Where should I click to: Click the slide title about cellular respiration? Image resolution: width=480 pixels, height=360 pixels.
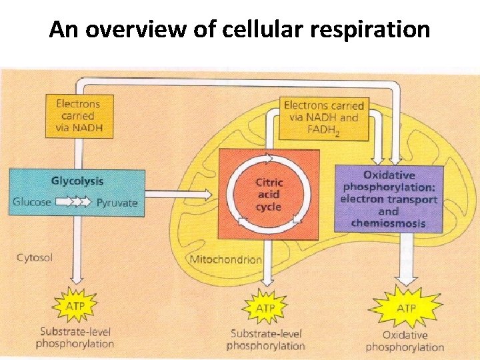[x=239, y=29]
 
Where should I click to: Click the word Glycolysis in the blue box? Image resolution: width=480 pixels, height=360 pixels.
[x=77, y=181]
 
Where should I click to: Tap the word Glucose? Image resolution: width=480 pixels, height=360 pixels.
[x=31, y=202]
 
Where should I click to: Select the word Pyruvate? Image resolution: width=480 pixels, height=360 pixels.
[x=117, y=202]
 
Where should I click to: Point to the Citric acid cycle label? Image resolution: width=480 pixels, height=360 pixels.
[x=269, y=195]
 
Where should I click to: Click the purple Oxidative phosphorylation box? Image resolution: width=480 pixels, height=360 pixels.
[x=389, y=199]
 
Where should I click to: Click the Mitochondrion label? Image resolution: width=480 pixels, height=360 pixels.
[x=225, y=259]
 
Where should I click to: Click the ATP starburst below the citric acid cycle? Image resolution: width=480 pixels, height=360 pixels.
[x=265, y=309]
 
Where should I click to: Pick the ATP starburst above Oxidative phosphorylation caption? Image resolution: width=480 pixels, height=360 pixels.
[x=405, y=308]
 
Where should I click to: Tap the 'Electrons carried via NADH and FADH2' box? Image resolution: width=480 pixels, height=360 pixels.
[x=323, y=117]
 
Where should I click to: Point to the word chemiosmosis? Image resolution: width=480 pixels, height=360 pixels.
[x=389, y=223]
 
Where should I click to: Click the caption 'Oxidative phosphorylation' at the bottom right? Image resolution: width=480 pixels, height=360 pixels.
[x=405, y=341]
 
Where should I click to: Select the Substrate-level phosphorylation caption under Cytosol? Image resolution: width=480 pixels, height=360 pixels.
[x=75, y=338]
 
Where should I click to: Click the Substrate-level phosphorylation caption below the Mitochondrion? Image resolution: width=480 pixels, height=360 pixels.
[x=265, y=339]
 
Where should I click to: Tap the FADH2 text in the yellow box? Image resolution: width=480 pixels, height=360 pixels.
[x=325, y=130]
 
